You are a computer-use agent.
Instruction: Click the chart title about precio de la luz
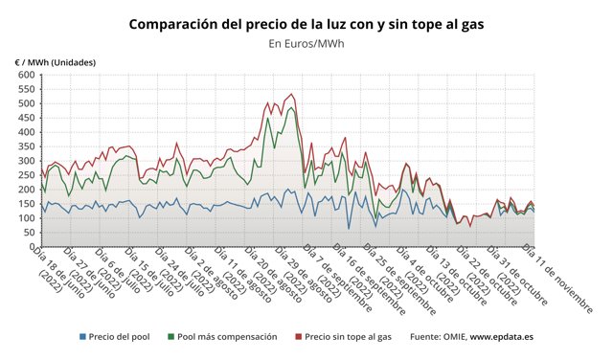coord(306,24)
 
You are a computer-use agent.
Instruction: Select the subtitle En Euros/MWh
coord(306,43)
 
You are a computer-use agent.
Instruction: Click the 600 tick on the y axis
coord(26,75)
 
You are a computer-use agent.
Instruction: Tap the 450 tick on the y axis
coord(26,118)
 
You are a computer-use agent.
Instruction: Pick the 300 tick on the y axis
coord(26,161)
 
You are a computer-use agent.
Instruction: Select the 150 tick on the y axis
coord(26,204)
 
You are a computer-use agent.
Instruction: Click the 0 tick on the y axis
coord(32,247)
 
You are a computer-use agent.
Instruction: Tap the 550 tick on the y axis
coord(26,89)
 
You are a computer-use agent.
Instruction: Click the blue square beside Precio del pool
coord(82,337)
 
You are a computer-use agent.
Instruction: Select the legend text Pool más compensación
coord(227,337)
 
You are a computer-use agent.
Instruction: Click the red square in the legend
coord(298,337)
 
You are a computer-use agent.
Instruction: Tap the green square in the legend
coord(171,337)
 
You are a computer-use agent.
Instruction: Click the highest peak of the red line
coord(292,95)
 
